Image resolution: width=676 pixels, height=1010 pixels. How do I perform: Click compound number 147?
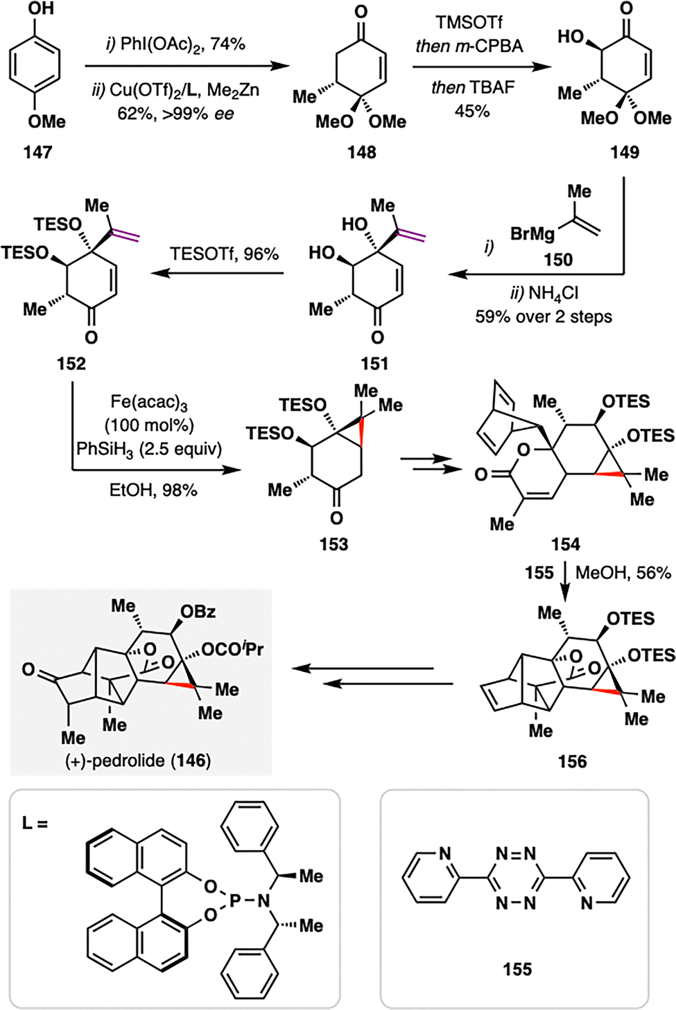point(37,152)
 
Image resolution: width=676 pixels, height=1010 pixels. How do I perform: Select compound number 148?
point(361,152)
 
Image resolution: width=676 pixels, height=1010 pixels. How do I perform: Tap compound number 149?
point(625,152)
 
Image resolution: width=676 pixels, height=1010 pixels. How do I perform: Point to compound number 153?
point(333,544)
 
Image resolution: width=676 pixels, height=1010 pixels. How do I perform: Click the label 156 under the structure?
point(572,761)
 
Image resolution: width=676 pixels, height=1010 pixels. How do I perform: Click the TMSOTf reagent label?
point(469,22)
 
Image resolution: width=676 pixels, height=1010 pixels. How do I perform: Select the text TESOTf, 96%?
point(225,254)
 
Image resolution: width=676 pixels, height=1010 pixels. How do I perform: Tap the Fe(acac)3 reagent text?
point(149,402)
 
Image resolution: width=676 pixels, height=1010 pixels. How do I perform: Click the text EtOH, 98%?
point(153,490)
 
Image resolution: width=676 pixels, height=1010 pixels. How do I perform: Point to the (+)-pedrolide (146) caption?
point(138,760)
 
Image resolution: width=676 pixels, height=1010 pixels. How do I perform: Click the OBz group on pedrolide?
point(198,612)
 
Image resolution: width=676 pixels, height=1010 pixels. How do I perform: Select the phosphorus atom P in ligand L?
point(235,901)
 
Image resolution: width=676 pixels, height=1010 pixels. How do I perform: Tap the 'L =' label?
point(35,823)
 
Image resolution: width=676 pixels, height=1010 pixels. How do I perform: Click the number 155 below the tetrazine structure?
point(518,969)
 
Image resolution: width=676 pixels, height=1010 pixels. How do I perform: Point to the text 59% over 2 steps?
point(544,317)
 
